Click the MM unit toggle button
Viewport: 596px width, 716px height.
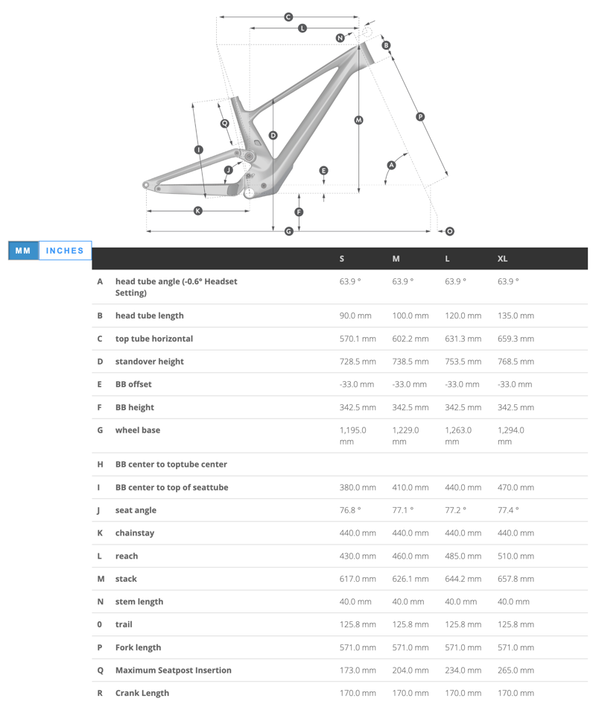point(23,251)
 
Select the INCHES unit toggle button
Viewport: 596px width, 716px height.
point(65,251)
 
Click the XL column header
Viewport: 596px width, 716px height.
point(502,259)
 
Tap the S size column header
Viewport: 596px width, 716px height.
point(342,259)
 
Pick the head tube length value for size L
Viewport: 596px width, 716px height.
point(463,315)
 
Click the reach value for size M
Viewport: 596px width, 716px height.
point(410,556)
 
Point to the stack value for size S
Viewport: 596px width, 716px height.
point(358,579)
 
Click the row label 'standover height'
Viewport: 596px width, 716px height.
point(150,362)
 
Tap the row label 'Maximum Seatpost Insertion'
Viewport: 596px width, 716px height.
point(174,671)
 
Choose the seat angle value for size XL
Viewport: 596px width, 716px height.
point(508,510)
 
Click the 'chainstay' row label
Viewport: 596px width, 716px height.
point(135,533)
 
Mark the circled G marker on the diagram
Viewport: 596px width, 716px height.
point(288,232)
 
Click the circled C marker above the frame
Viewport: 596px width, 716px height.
point(288,17)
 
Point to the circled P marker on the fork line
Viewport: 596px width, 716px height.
point(420,116)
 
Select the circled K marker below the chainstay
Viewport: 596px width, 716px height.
point(197,211)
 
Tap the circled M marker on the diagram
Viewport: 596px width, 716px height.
point(358,120)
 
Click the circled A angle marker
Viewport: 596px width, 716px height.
point(391,165)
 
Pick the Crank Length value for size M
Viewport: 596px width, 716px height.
point(410,693)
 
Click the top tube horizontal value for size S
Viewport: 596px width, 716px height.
point(358,339)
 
